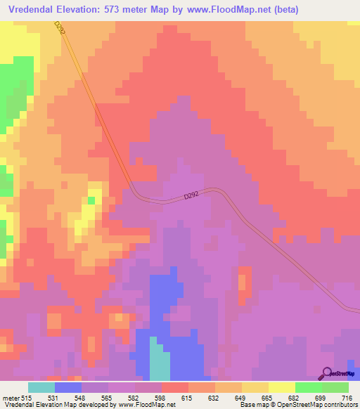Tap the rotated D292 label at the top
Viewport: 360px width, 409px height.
[60, 29]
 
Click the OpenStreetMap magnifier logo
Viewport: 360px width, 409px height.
[328, 373]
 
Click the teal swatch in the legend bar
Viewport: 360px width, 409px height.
[41, 388]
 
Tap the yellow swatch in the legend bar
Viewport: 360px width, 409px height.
[255, 388]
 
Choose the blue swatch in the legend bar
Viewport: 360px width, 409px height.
[68, 388]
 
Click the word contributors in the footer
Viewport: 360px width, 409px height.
[340, 405]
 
